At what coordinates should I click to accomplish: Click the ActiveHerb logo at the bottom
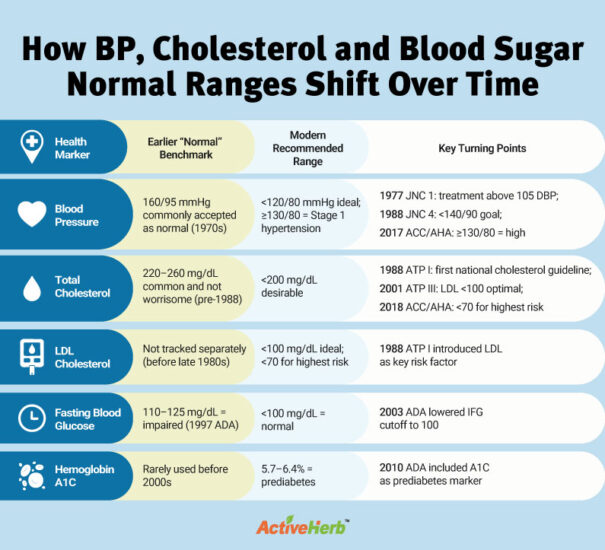point(302,525)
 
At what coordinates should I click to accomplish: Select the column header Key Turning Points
point(482,148)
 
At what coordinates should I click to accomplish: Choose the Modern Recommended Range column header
point(302,147)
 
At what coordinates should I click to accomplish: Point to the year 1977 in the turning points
point(393,195)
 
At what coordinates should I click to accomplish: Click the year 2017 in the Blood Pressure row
point(393,232)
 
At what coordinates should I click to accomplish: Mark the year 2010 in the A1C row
point(393,467)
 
